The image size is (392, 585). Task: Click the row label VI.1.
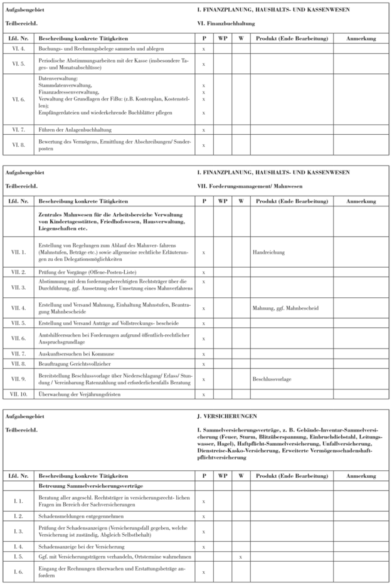click(x=18, y=252)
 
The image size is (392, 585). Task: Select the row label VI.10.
click(x=18, y=394)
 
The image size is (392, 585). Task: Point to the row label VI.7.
click(x=18, y=352)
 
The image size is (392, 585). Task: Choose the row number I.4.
click(x=18, y=547)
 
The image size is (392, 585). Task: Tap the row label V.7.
click(x=18, y=130)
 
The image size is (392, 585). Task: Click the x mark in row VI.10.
click(x=204, y=394)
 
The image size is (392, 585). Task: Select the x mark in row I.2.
click(x=204, y=515)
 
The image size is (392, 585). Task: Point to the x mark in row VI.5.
click(x=204, y=323)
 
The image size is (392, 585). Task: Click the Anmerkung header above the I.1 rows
click(x=361, y=476)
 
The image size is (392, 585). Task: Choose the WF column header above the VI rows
click(x=222, y=202)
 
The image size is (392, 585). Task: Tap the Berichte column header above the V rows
click(x=291, y=38)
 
